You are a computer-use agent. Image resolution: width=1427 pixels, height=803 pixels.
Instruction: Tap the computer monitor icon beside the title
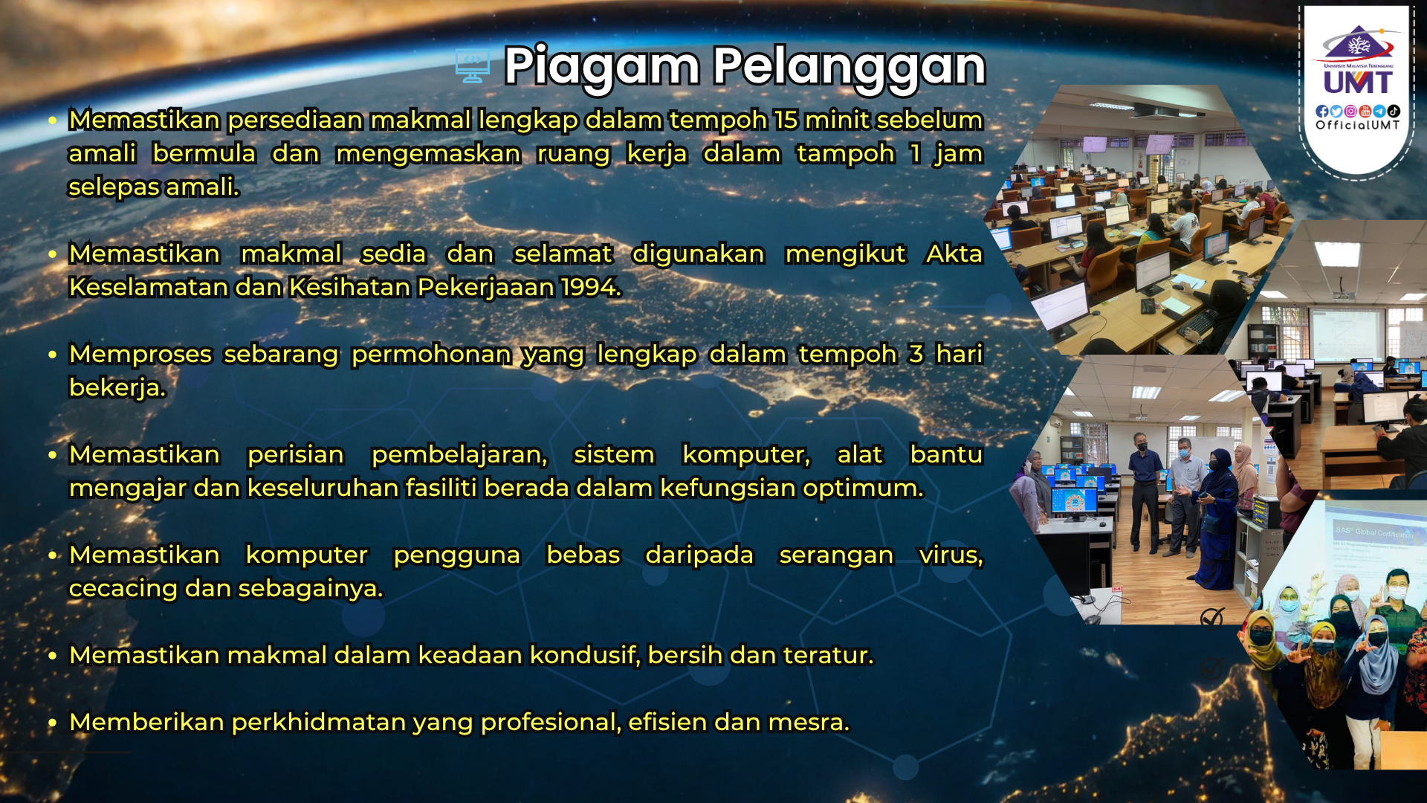pos(473,66)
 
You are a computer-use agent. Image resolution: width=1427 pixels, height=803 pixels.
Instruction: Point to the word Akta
pos(954,254)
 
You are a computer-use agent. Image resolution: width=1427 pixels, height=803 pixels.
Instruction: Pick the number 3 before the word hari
pos(916,355)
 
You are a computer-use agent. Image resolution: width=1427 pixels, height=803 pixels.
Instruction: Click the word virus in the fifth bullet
pos(951,555)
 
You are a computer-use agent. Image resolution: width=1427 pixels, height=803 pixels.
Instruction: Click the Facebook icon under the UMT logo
pos(1322,112)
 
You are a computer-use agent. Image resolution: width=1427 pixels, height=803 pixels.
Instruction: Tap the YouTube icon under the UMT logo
pos(1365,112)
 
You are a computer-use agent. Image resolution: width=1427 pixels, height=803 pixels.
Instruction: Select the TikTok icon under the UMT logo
pos(1394,112)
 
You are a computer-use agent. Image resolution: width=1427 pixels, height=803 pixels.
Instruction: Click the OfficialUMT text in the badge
pos(1358,126)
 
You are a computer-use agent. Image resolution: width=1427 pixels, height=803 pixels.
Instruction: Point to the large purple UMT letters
pos(1358,82)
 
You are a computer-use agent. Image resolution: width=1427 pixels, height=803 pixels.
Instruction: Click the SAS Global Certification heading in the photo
pos(1373,532)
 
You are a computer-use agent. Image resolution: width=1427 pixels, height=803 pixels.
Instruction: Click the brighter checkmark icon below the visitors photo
pos(1212,617)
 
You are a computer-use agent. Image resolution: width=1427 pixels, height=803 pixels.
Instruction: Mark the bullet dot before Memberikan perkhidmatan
pos(52,722)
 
